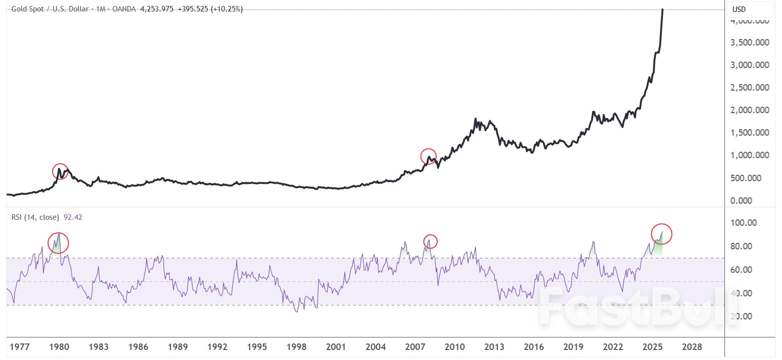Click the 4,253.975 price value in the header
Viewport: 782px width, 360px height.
156,9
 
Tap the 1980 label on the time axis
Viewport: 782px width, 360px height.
60,346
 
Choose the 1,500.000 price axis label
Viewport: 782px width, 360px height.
749,133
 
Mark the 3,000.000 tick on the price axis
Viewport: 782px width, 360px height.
749,65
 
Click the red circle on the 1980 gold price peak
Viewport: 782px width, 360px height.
60,171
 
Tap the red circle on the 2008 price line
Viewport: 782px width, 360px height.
428,156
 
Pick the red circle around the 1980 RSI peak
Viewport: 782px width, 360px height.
58,243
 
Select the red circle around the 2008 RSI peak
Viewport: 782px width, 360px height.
430,241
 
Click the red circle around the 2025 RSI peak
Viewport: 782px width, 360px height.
661,233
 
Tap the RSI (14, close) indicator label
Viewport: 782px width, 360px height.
35,217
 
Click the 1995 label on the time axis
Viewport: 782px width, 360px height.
257,346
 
